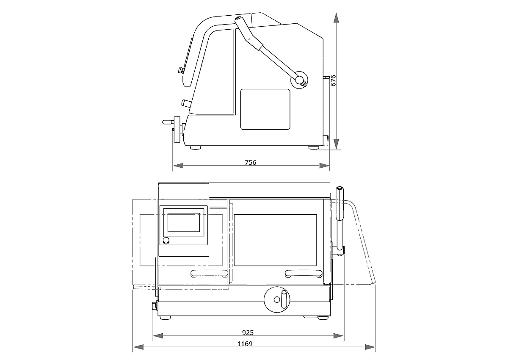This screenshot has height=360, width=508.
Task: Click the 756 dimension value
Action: (251, 163)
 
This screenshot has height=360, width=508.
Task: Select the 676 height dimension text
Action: (333, 80)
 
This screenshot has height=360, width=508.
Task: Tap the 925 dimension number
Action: (248, 333)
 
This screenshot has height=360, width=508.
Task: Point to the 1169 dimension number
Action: (245, 344)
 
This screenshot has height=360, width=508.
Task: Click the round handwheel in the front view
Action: (276, 299)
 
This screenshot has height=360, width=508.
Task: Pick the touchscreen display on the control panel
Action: (184, 222)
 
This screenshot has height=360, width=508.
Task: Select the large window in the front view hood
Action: (275, 239)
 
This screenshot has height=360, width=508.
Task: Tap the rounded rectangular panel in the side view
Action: (265, 109)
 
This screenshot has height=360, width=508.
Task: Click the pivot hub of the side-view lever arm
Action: (301, 79)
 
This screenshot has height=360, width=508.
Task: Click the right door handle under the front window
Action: (303, 274)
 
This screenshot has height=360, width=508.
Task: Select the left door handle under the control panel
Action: (209, 274)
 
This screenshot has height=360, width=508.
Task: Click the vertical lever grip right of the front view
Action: (340, 203)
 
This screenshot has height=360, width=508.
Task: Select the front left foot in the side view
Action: (196, 147)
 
